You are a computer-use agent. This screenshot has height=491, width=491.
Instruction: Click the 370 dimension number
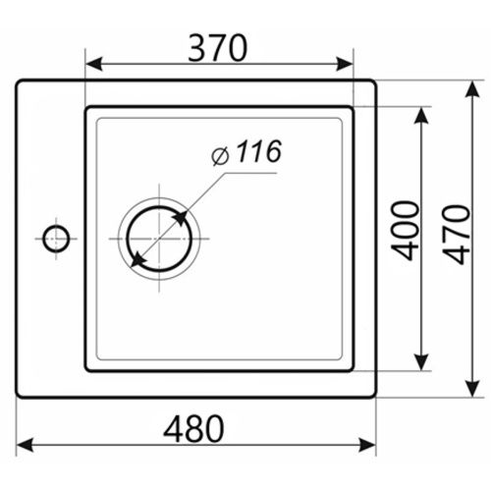point(218,48)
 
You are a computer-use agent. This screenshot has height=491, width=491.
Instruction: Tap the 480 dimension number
point(193,428)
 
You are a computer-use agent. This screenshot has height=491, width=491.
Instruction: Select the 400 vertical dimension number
point(406,231)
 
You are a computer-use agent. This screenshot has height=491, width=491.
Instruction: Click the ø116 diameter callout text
point(246,152)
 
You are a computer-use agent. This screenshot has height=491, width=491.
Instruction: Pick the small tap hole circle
point(56,239)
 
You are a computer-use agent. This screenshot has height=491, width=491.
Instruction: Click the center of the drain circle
point(159,239)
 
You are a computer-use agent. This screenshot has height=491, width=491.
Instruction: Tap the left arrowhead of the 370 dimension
point(94,64)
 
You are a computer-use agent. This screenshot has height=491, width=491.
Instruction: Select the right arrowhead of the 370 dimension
point(345,64)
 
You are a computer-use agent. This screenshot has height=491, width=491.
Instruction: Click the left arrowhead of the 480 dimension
point(25,445)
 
